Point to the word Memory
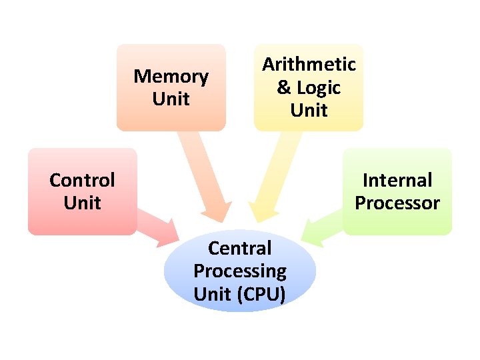click(x=171, y=77)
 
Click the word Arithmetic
click(x=309, y=65)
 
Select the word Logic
click(x=319, y=87)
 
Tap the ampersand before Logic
click(x=284, y=87)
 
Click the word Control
click(x=82, y=180)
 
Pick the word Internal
click(x=397, y=180)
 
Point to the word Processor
click(x=397, y=203)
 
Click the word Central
click(x=240, y=249)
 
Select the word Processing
click(x=240, y=271)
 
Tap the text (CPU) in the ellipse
click(x=261, y=294)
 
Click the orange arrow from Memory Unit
click(x=205, y=177)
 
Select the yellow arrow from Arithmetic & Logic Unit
click(x=273, y=177)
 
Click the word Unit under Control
click(x=82, y=203)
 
